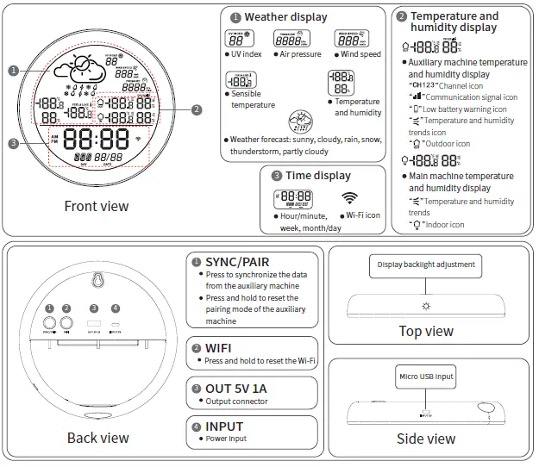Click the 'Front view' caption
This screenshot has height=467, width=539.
(x=97, y=206)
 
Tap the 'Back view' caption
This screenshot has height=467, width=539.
(x=97, y=438)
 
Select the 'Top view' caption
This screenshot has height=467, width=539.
(x=426, y=331)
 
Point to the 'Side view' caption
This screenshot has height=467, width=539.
(x=426, y=439)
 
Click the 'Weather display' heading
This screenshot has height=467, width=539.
(x=285, y=17)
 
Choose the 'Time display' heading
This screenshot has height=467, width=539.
(x=318, y=176)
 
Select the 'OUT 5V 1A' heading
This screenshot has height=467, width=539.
(x=235, y=389)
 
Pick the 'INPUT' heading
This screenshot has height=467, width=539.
(x=224, y=426)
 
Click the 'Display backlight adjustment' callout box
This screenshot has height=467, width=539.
(x=426, y=266)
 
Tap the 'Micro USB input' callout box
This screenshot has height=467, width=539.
(x=426, y=376)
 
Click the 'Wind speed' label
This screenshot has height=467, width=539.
(x=360, y=54)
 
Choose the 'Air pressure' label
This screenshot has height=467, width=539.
(x=300, y=54)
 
